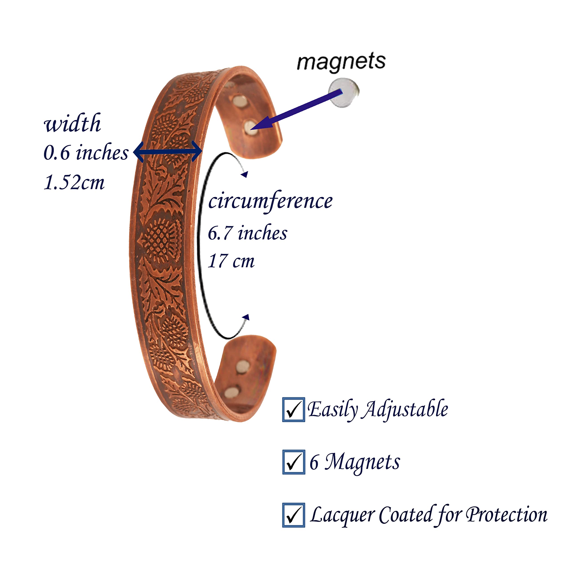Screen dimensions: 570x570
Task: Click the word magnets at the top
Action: [x=341, y=62]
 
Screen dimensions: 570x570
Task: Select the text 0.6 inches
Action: [x=86, y=153]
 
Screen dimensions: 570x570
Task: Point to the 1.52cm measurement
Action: [x=74, y=182]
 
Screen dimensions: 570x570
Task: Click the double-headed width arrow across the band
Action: [x=168, y=152]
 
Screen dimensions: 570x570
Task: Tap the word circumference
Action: [x=270, y=201]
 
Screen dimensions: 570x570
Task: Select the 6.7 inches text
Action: [x=247, y=233]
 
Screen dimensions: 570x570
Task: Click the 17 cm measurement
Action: [x=231, y=261]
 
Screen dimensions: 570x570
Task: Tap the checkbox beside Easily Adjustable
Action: [x=293, y=409]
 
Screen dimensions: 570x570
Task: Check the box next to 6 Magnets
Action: [x=293, y=462]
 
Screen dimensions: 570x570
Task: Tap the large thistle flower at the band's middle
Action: [x=161, y=240]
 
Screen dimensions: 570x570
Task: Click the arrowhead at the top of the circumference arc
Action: [x=244, y=174]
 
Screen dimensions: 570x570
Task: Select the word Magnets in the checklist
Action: [x=362, y=462]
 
